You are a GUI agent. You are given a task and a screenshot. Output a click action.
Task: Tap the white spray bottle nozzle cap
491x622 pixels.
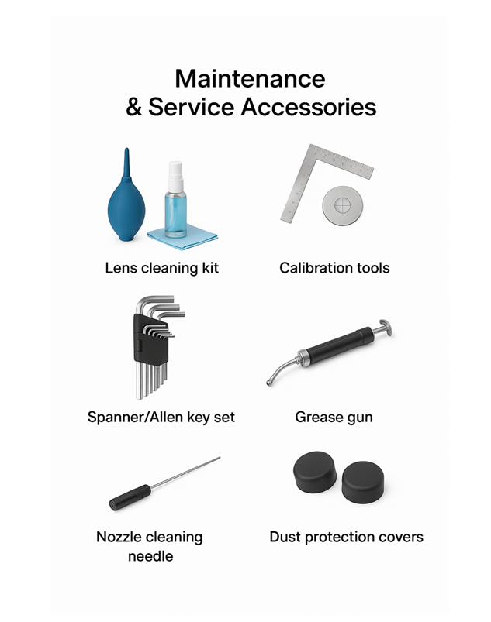pyautogui.click(x=175, y=170)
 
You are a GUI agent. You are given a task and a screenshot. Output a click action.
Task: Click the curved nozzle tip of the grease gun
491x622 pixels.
pyautogui.click(x=271, y=379)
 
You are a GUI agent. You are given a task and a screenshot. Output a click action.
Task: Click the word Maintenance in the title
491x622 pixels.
pyautogui.click(x=250, y=79)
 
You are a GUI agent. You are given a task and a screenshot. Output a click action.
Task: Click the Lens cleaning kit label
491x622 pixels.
pyautogui.click(x=162, y=268)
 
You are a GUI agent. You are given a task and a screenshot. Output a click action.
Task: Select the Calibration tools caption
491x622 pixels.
pyautogui.click(x=334, y=268)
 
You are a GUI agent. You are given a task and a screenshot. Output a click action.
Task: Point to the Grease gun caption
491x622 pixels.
pyautogui.click(x=334, y=417)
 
